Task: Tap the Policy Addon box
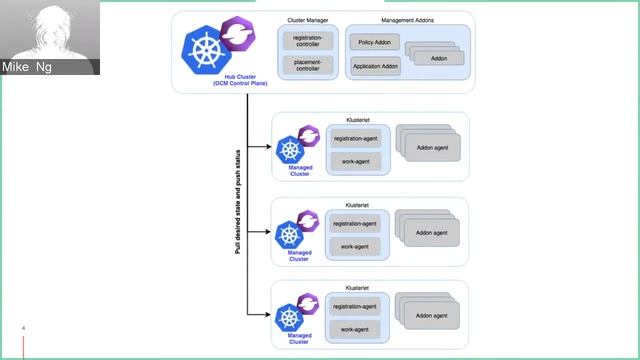[x=373, y=43]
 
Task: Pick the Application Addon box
[x=376, y=66]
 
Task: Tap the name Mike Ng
[x=28, y=68]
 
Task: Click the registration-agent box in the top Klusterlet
[x=355, y=138]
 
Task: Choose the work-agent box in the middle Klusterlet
[x=355, y=245]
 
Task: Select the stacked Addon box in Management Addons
[x=436, y=57]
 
